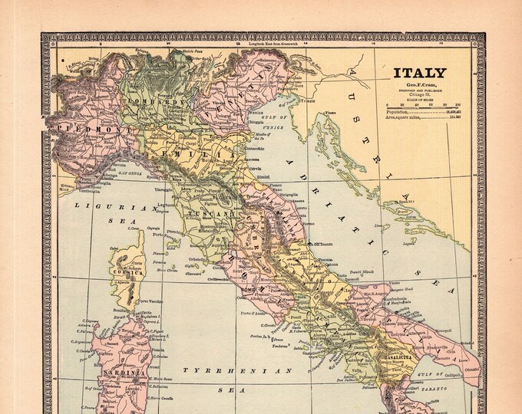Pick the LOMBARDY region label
[156, 102]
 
